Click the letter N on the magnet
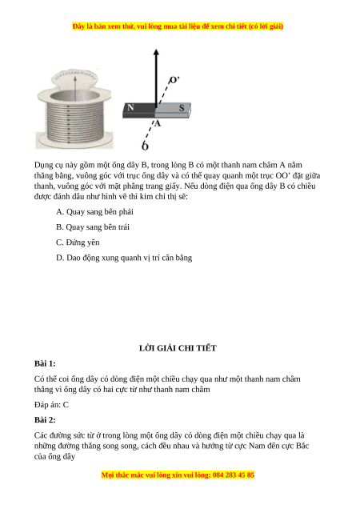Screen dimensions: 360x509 [130, 107]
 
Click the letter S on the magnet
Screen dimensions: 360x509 [182, 108]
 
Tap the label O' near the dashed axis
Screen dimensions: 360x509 [174, 80]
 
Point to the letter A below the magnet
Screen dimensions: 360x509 [158, 123]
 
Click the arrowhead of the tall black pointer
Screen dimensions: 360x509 [156, 53]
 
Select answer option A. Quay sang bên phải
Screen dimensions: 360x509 [94, 212]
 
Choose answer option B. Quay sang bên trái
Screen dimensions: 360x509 [93, 227]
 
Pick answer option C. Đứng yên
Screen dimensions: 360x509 [78, 242]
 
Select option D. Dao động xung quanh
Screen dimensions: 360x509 [124, 258]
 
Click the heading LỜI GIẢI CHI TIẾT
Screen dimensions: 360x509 [178, 348]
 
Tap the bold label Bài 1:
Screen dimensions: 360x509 [45, 363]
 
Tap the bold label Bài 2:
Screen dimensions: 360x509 [45, 420]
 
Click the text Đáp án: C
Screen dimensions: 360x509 [51, 405]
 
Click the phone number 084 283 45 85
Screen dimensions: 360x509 [234, 475]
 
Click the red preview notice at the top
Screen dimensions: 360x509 [178, 26]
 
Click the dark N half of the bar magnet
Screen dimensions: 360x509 [139, 110]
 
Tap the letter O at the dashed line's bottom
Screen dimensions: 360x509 [145, 146]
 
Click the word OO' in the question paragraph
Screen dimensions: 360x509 [283, 175]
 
